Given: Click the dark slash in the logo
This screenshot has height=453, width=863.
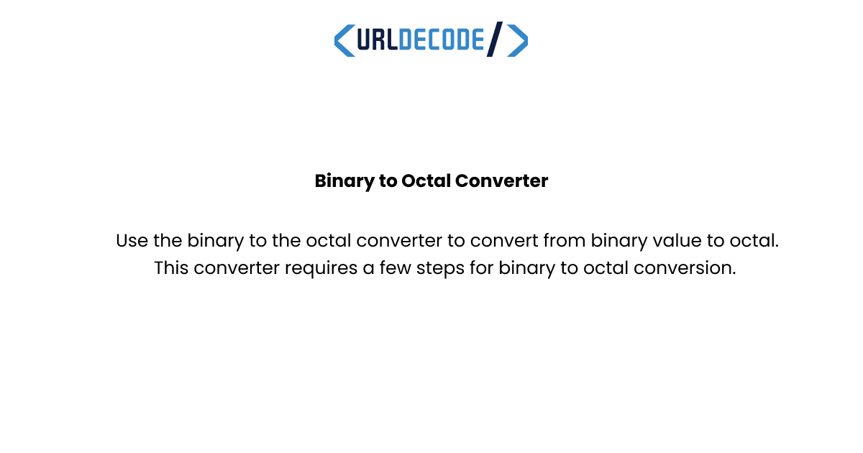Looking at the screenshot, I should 495,40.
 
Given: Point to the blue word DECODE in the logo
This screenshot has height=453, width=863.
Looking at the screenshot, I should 441,40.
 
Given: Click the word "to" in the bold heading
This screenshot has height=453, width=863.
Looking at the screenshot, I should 388,181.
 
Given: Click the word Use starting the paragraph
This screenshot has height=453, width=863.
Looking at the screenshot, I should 132,241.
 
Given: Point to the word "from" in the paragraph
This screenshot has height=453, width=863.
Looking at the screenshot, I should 565,241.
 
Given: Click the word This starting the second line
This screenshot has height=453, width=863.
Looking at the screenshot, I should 171,269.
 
